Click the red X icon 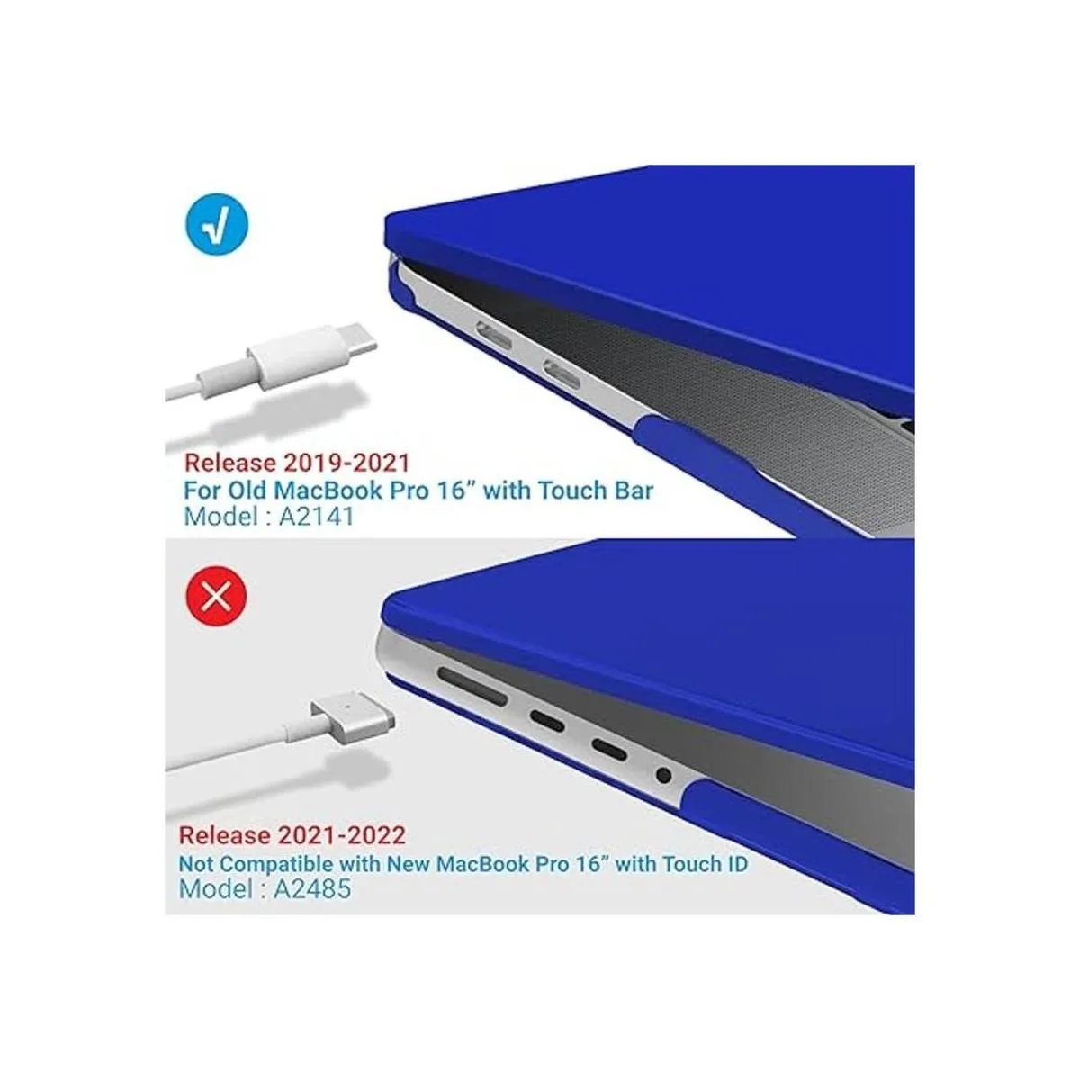click(216, 597)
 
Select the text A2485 click(312, 887)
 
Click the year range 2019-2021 click(346, 463)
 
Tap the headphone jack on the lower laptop click(663, 776)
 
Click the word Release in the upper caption click(230, 463)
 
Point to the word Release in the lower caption click(225, 835)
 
